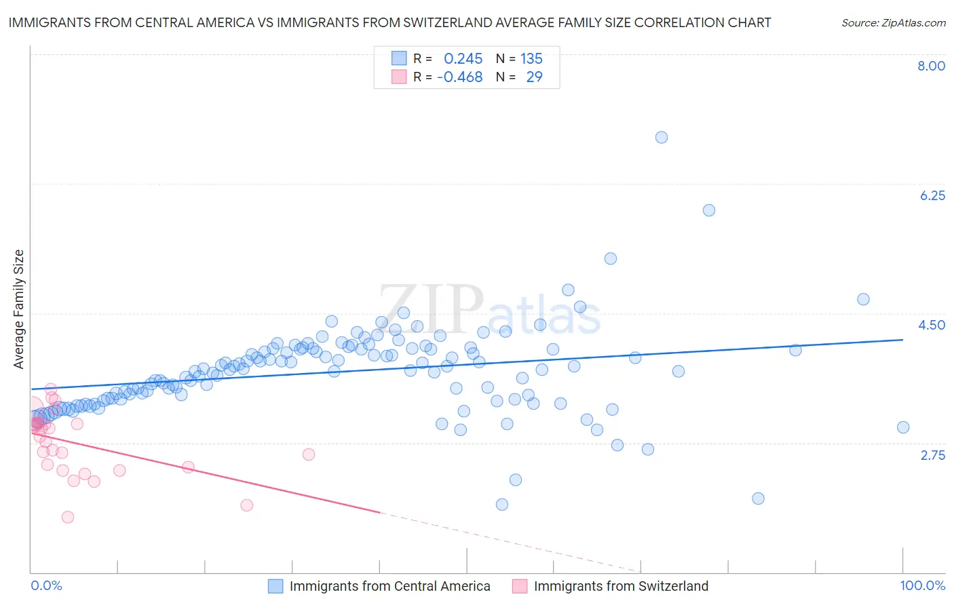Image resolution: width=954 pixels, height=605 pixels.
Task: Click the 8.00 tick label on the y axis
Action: click(x=931, y=66)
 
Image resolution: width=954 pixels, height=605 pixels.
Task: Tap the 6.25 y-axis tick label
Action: click(x=932, y=195)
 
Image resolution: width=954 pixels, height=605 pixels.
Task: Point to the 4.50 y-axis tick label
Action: click(x=932, y=325)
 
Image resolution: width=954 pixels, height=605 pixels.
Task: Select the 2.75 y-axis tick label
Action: click(x=932, y=455)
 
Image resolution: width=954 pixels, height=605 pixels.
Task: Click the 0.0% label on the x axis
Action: click(x=46, y=585)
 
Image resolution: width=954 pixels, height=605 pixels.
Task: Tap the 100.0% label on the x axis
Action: click(x=922, y=585)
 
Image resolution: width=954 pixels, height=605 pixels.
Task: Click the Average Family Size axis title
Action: click(x=19, y=309)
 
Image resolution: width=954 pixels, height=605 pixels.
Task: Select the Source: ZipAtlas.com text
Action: click(x=893, y=23)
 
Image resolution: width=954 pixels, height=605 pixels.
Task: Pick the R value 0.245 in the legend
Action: click(x=463, y=59)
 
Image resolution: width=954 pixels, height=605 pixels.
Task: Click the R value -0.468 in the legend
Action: click(x=459, y=77)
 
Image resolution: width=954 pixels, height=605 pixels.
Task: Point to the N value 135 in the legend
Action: click(x=531, y=59)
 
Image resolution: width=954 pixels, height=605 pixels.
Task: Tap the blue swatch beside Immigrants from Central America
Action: click(x=275, y=586)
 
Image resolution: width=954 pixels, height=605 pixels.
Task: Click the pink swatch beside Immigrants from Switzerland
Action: click(x=520, y=586)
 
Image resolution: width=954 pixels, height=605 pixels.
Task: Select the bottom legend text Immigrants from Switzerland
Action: click(x=621, y=586)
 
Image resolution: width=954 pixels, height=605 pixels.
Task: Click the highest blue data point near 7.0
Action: click(x=662, y=138)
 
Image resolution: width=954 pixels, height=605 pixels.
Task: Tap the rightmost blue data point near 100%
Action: click(x=902, y=427)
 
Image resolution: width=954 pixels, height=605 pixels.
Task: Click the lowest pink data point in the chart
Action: click(x=67, y=517)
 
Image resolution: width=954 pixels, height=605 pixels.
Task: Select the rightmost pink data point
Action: click(x=309, y=454)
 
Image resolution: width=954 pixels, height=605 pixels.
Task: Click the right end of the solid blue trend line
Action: click(x=902, y=340)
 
